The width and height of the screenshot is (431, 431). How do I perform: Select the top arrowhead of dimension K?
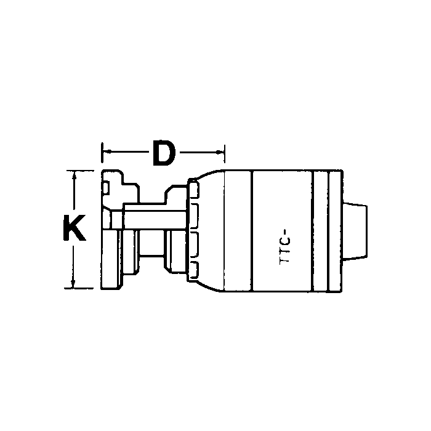[x=75, y=175]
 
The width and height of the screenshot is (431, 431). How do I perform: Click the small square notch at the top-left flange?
[x=107, y=185]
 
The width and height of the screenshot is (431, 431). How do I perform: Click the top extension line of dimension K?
[x=80, y=170]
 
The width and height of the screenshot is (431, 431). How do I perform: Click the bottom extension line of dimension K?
[x=80, y=288]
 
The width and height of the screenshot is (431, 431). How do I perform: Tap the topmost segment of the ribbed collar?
[x=195, y=188]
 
